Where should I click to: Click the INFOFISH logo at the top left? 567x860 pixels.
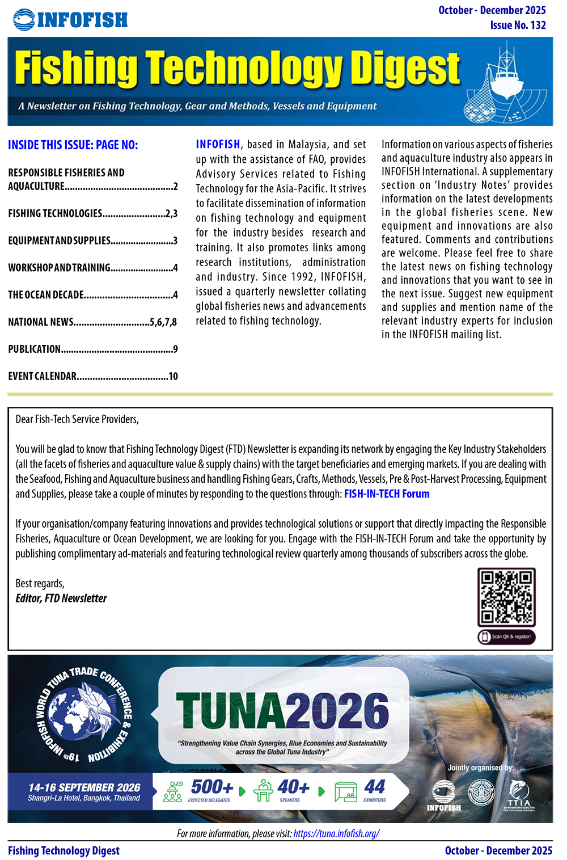click(x=70, y=20)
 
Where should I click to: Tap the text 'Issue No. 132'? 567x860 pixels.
click(x=518, y=25)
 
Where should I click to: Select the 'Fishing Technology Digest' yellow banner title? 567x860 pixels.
click(x=237, y=69)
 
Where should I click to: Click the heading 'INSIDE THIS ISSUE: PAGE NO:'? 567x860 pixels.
click(x=73, y=145)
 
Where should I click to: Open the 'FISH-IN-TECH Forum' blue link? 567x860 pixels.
click(x=387, y=494)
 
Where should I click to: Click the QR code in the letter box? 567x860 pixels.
click(x=506, y=597)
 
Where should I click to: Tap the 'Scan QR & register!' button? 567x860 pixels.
click(x=506, y=636)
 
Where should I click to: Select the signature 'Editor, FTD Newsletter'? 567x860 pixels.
click(x=61, y=598)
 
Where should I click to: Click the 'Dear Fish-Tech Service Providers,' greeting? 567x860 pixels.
click(x=77, y=420)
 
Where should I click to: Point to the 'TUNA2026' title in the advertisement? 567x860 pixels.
click(x=282, y=710)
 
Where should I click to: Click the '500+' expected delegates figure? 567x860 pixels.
click(x=211, y=787)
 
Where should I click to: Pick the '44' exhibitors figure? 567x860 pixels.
click(x=375, y=787)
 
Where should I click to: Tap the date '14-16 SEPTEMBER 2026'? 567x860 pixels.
click(x=84, y=787)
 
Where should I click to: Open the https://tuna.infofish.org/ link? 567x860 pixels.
click(x=336, y=833)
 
